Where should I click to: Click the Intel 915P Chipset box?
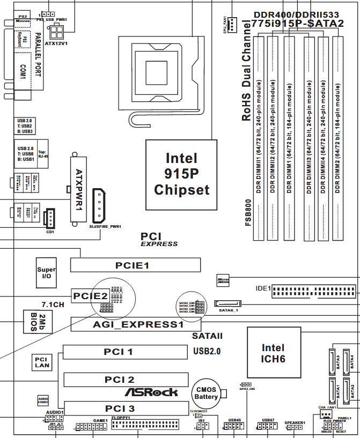pos(181,174)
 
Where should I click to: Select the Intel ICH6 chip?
pos(273,352)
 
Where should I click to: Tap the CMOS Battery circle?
pos(207,394)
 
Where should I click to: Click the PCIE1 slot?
pos(135,265)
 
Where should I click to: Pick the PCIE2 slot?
pos(90,295)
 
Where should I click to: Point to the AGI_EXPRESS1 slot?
pos(135,324)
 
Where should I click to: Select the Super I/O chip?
pos(46,273)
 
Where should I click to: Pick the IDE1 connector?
pos(313,292)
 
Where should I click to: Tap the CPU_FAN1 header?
pos(231,24)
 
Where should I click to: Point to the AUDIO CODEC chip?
pos(43,400)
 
